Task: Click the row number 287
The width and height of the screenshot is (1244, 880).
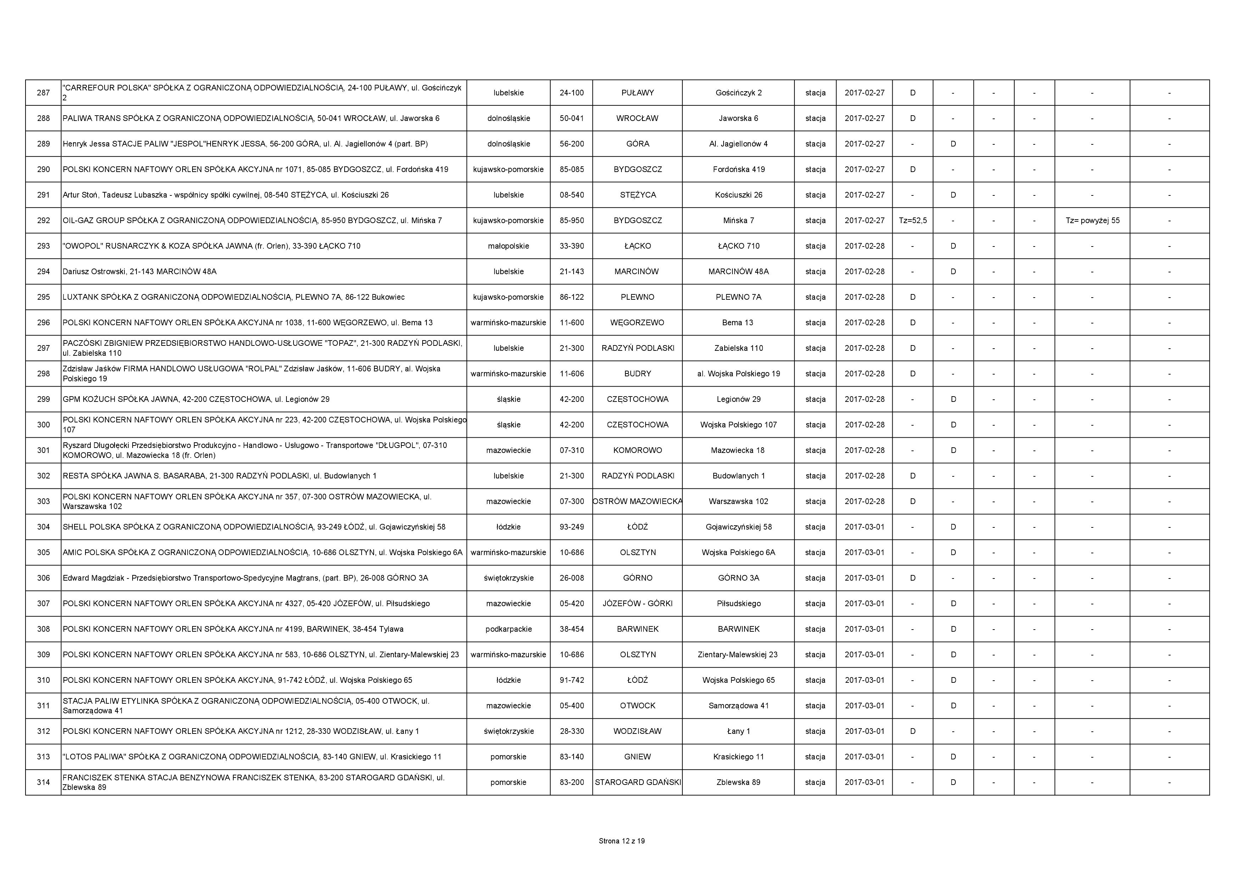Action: pyautogui.click(x=43, y=93)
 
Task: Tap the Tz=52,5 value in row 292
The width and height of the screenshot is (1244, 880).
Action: pyautogui.click(x=913, y=221)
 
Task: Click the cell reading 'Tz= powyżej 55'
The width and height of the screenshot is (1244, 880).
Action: pyautogui.click(x=1092, y=221)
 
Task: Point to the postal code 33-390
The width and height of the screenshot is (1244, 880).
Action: pyautogui.click(x=571, y=246)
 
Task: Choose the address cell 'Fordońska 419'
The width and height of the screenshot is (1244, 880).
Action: pyautogui.click(x=738, y=170)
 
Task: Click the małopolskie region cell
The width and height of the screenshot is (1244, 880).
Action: pyautogui.click(x=508, y=246)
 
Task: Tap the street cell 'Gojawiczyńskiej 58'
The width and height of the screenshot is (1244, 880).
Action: pyautogui.click(x=738, y=527)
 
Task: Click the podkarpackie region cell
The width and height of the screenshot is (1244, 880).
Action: pyautogui.click(x=508, y=629)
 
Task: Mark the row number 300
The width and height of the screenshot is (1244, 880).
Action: pyautogui.click(x=43, y=425)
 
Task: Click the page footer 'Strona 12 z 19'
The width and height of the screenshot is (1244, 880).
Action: pyautogui.click(x=621, y=841)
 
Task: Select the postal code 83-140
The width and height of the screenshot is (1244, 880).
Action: pyautogui.click(x=571, y=757)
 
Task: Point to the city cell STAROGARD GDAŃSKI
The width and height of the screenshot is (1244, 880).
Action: pyautogui.click(x=638, y=782)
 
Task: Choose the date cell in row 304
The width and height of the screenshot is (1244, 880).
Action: pyautogui.click(x=864, y=527)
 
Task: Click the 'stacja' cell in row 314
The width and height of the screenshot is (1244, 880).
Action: pyautogui.click(x=815, y=782)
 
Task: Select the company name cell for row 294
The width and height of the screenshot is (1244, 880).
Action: pyautogui.click(x=140, y=272)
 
